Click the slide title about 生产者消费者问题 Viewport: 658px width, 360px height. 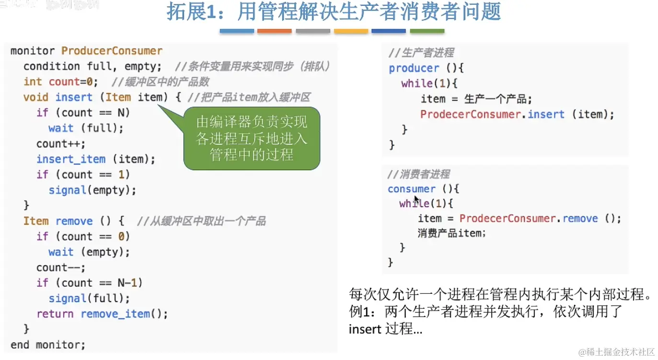click(x=334, y=12)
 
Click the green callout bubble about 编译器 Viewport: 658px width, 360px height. click(x=252, y=139)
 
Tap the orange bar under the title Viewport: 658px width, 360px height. click(x=274, y=31)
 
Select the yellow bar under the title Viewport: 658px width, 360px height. click(x=351, y=31)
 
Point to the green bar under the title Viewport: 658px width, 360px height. click(x=427, y=31)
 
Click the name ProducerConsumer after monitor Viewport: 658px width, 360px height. click(x=112, y=51)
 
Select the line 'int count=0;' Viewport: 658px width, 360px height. click(x=61, y=81)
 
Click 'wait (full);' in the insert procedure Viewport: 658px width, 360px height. click(x=86, y=128)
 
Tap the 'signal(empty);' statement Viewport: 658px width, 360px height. click(x=92, y=190)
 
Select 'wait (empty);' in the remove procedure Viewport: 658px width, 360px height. click(x=89, y=252)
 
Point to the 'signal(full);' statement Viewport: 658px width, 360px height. click(x=89, y=298)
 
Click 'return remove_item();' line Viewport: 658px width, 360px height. click(x=102, y=314)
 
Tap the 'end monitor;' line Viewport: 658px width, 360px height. click(x=48, y=345)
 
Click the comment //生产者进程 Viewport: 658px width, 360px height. click(x=421, y=53)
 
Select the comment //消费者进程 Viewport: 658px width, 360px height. click(x=418, y=174)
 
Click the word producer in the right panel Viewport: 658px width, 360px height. click(x=414, y=68)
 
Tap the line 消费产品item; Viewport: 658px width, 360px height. click(x=451, y=233)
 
